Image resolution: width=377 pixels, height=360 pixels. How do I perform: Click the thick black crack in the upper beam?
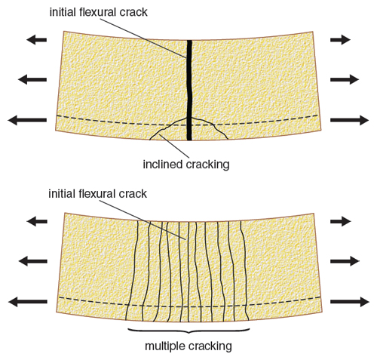click(189, 90)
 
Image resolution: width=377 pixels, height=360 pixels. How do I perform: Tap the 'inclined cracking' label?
click(186, 165)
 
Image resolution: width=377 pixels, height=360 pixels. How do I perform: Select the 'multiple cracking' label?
click(188, 346)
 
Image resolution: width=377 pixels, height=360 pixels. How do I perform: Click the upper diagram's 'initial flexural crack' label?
click(98, 12)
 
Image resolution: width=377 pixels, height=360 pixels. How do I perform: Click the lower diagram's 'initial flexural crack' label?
click(97, 194)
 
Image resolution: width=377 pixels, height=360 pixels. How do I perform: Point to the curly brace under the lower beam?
click(188, 331)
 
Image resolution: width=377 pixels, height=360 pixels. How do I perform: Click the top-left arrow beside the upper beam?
click(36, 40)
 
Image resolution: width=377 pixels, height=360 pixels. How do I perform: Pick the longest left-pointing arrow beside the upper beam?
click(27, 120)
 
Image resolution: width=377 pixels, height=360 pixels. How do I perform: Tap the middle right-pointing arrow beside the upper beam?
click(345, 80)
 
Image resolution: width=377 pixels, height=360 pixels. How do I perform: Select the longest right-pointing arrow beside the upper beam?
click(349, 120)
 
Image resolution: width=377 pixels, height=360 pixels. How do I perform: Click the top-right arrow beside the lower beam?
click(341, 221)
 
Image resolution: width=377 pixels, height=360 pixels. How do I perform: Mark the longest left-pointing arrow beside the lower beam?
click(28, 302)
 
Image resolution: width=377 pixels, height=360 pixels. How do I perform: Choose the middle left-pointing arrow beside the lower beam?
click(33, 261)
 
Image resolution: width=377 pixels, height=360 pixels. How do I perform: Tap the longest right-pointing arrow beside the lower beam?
click(350, 302)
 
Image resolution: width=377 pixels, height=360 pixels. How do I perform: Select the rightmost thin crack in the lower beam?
click(245, 270)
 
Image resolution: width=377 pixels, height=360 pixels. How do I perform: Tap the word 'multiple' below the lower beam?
click(165, 346)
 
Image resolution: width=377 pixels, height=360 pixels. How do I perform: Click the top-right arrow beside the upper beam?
click(340, 40)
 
